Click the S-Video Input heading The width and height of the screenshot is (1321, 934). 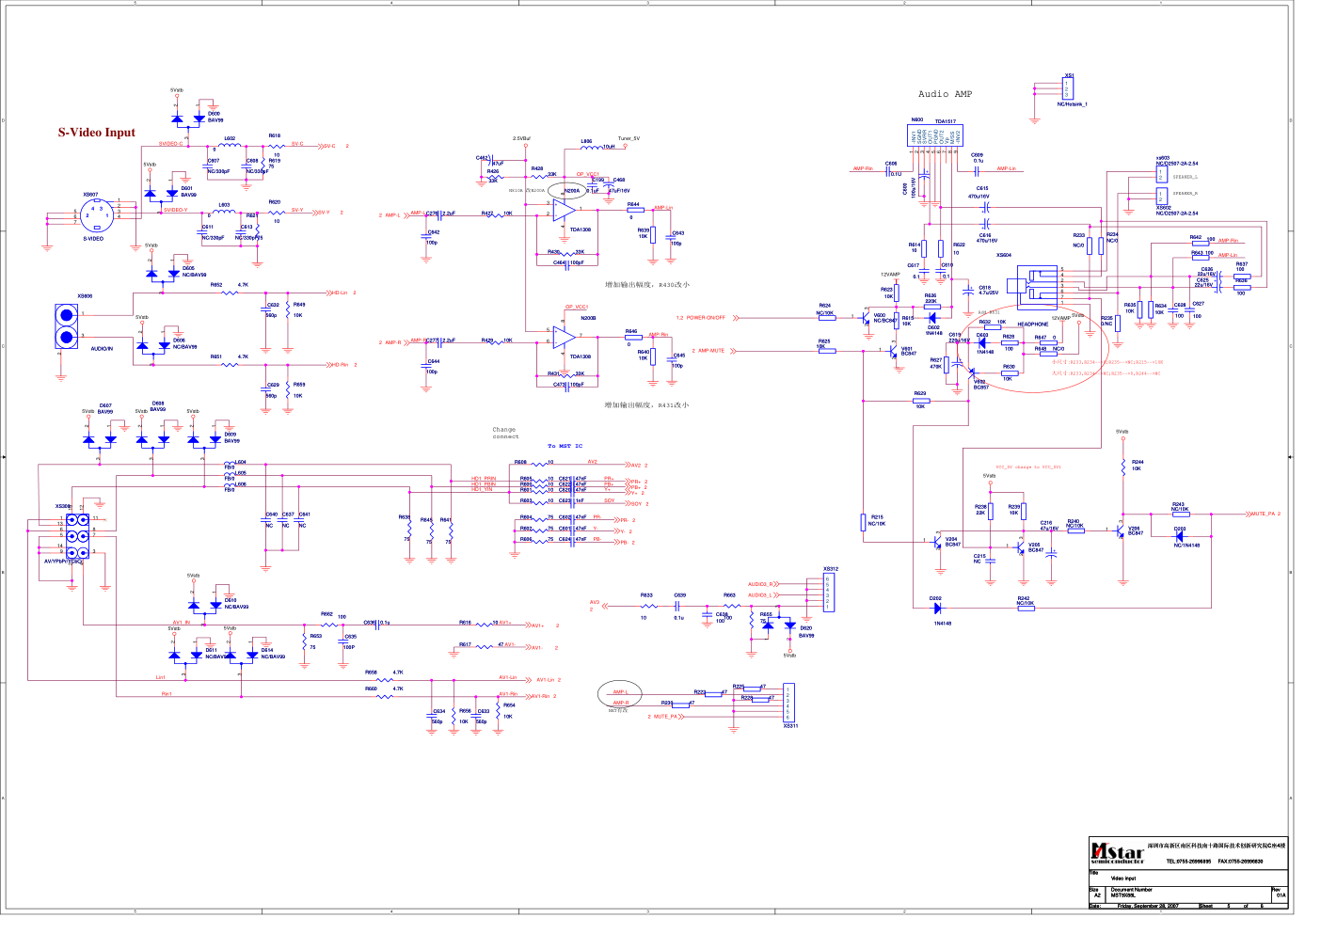point(97,133)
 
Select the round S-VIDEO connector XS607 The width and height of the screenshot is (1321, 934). point(96,215)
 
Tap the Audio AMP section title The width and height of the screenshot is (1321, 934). point(945,94)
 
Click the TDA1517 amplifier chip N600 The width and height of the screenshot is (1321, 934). point(934,136)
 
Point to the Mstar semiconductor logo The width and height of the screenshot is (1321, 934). point(1118,852)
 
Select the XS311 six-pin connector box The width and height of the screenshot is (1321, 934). point(788,703)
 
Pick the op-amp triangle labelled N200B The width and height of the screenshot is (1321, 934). point(564,337)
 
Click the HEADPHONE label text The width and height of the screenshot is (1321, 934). point(1032,325)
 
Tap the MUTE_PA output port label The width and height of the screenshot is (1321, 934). point(1261,514)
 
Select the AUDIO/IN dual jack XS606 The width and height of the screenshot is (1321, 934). point(66,326)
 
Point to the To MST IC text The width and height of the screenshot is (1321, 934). point(565,446)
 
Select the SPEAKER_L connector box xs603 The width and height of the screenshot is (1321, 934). point(1161,175)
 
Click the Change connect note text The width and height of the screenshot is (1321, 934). point(505,433)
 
